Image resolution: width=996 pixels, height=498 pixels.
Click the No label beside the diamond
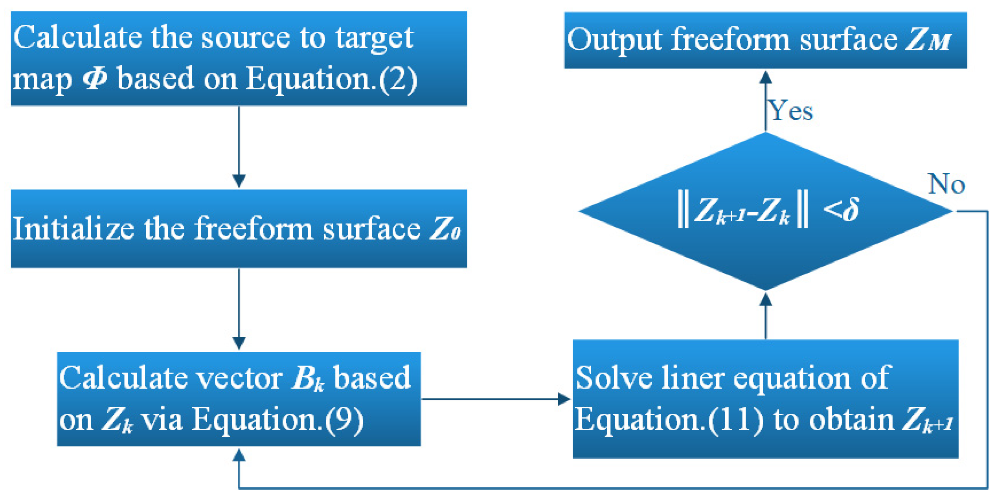tap(946, 184)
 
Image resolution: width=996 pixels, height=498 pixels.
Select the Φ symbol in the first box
tap(95, 78)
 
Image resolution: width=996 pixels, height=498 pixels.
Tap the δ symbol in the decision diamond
tap(851, 209)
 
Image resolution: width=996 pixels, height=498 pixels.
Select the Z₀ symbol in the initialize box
tap(445, 229)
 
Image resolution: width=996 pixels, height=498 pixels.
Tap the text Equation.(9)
tap(277, 420)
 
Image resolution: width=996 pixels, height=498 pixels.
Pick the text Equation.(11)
tap(669, 420)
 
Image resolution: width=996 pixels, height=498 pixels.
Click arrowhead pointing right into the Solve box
tap(564, 399)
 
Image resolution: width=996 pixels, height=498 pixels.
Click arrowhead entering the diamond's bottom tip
tap(765, 300)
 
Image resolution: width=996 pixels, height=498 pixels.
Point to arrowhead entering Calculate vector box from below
tap(239, 455)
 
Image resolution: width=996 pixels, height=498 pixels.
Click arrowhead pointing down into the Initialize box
tap(239, 181)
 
